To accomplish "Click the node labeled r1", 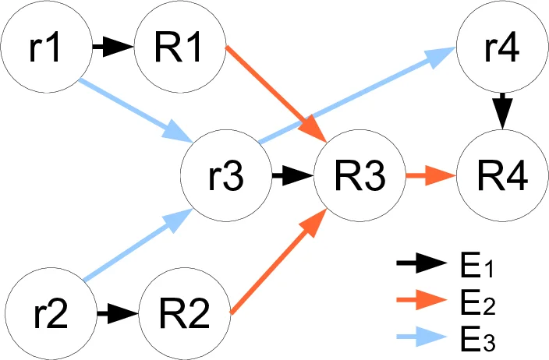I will tap(44, 47).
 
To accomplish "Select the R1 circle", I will tap(181, 47).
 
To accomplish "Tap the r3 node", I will tap(225, 176).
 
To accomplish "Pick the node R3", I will tap(360, 176).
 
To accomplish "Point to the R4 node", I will tap(502, 176).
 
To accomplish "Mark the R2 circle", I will tap(185, 315).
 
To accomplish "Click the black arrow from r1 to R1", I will tap(112, 48).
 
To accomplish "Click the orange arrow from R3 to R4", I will tap(430, 176).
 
